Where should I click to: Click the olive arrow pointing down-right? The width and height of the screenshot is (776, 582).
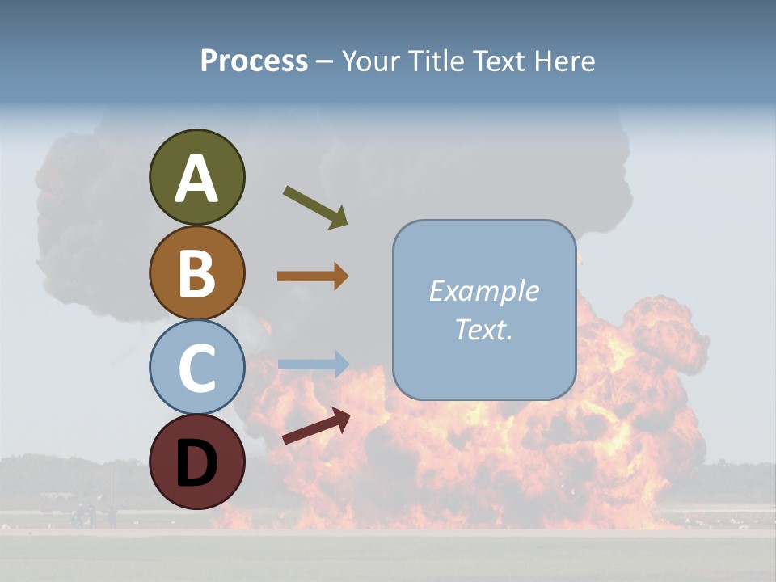coord(315,207)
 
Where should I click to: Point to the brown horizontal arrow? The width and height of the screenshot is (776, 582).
coord(313,276)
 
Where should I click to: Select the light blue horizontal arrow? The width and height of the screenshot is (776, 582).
coord(313,364)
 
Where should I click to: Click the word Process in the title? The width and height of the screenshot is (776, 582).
coord(254,61)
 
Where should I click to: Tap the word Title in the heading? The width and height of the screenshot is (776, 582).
coord(434,61)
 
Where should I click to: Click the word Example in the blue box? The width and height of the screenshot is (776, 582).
coord(483,291)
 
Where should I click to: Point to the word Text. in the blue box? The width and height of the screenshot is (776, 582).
coord(483,329)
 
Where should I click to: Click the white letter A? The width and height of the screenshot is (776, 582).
coord(196,179)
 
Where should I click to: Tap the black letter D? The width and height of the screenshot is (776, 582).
coord(196,462)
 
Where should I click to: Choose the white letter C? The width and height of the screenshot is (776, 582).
coord(196,368)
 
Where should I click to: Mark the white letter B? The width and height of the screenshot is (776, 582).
coord(196,273)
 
